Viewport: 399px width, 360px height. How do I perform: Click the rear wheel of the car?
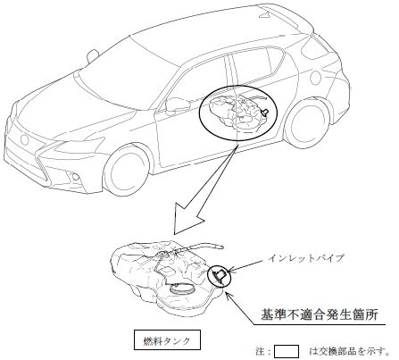306,125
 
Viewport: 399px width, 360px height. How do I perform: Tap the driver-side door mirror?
177,106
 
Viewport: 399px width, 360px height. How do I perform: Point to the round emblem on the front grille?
24,139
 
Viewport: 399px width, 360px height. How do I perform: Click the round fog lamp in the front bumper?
76,177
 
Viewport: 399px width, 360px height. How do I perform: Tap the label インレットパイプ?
306,258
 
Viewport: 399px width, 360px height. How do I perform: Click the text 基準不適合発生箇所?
320,314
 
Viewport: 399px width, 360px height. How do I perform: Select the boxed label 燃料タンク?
167,339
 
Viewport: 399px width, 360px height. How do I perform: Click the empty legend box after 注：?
287,351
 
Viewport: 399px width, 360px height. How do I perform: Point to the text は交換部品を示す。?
349,351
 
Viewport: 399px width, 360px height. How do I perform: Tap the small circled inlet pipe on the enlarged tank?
220,276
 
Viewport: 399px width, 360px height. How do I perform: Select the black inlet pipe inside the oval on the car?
264,113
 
